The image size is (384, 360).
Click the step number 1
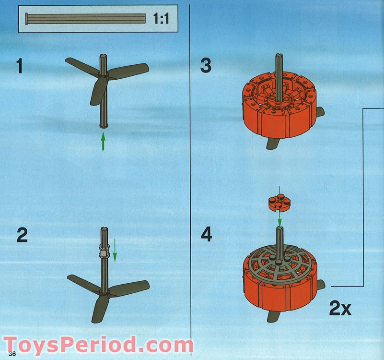(19, 66)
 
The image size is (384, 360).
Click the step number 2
(22, 235)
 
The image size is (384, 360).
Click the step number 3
(206, 65)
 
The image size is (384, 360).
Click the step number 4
(206, 235)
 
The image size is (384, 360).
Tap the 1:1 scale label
(161, 19)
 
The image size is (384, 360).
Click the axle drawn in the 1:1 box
(86, 19)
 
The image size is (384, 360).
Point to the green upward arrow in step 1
(103, 142)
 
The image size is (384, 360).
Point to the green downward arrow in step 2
(115, 252)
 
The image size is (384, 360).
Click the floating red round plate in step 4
(279, 203)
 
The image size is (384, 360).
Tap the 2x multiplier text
(340, 308)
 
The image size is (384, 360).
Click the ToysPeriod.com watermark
(98, 346)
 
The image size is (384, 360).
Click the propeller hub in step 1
(104, 75)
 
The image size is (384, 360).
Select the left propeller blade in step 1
(81, 66)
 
